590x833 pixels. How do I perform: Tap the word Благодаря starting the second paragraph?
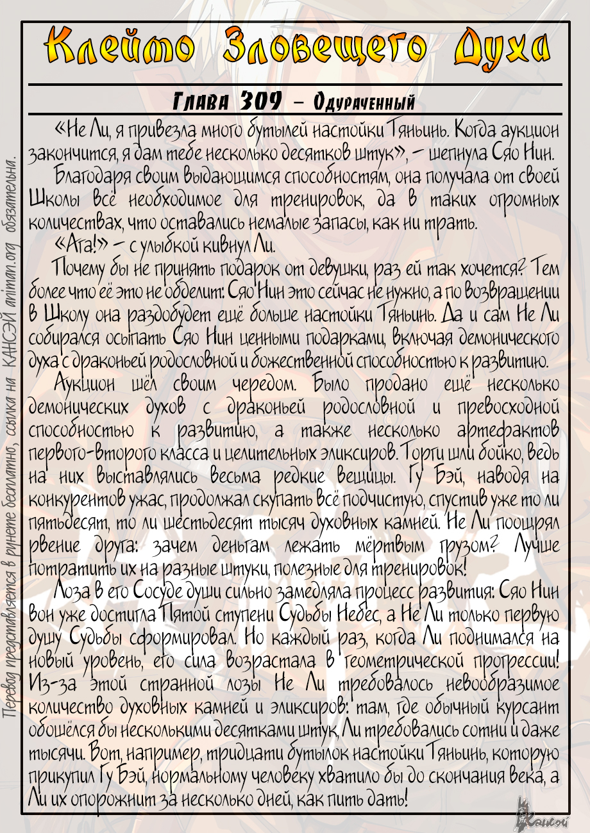tap(93, 176)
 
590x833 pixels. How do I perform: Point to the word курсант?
tap(528, 706)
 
